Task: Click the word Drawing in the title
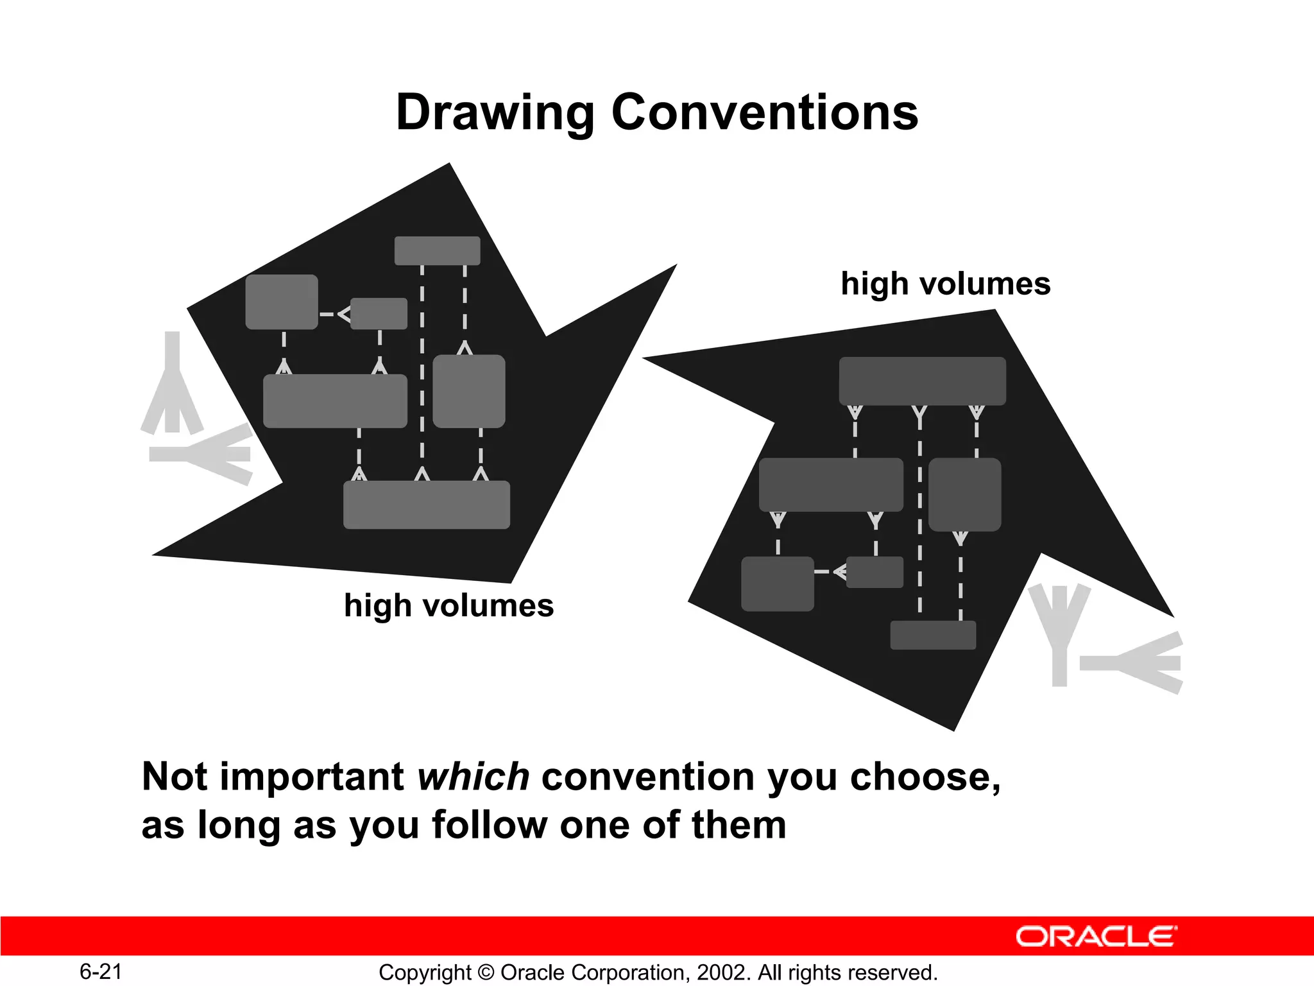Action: coord(495,113)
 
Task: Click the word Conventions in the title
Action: coord(765,112)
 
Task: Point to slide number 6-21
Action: coord(101,971)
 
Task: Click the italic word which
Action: coord(473,777)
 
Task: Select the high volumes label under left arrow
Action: coord(448,605)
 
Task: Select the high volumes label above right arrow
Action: coord(945,284)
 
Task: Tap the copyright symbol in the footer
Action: coord(486,973)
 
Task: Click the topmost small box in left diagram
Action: coord(437,250)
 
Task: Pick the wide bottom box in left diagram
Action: coord(426,505)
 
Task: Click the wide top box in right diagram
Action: coord(922,381)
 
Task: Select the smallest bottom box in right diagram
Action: coord(933,635)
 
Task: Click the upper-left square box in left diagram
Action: coord(282,302)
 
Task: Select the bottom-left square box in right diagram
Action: coord(777,584)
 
